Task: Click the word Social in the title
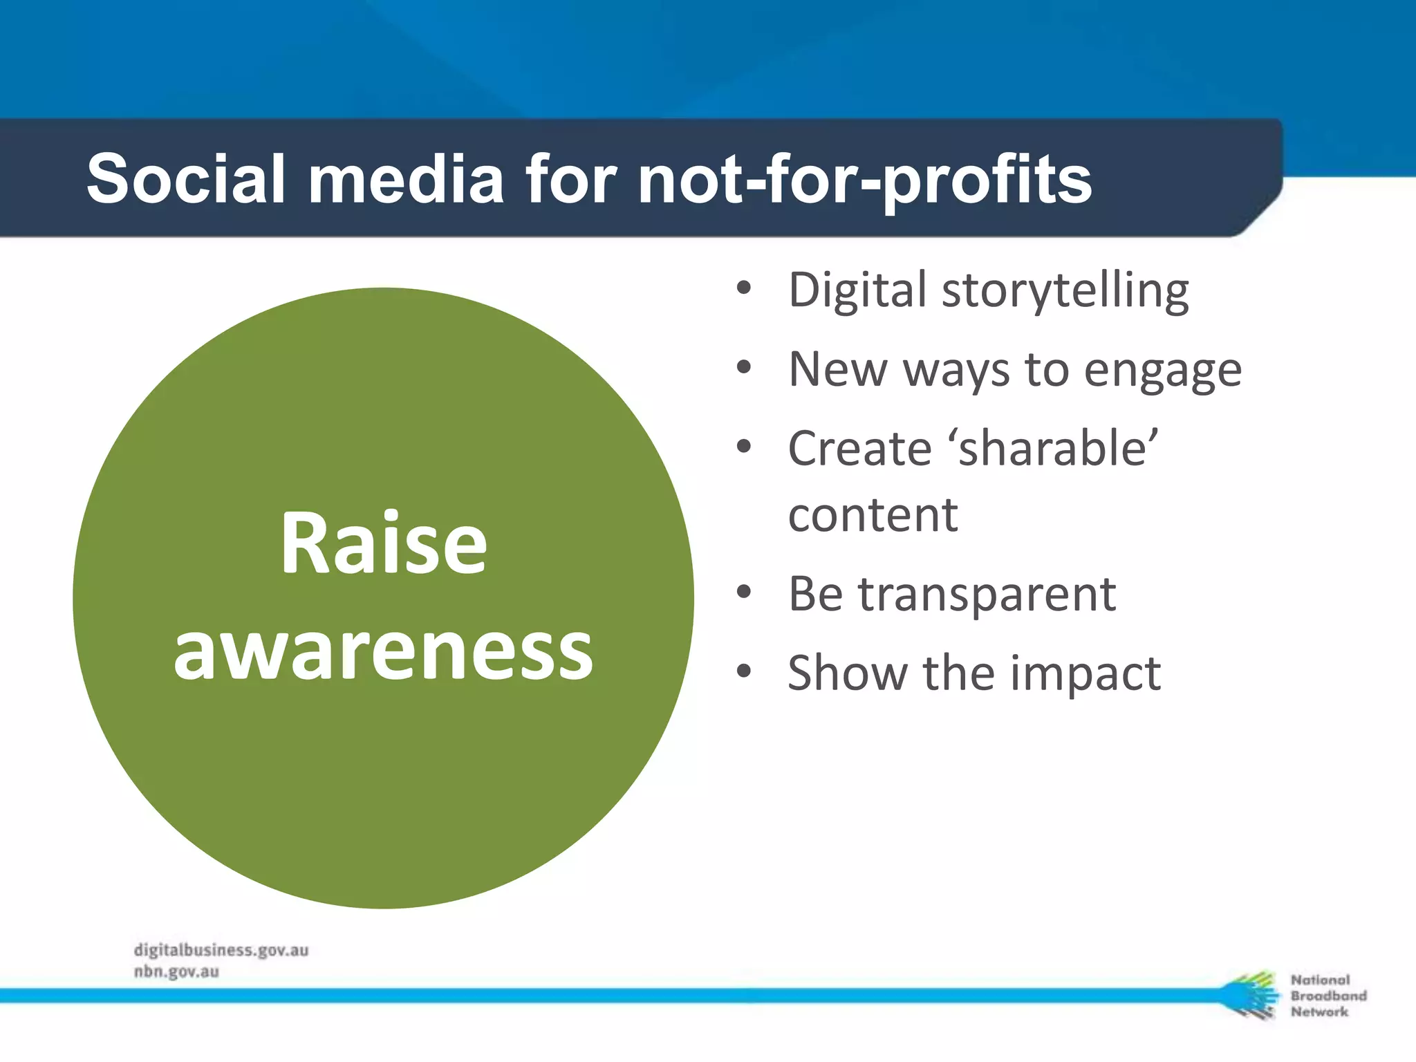(185, 179)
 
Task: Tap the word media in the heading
(406, 179)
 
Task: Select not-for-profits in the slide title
(864, 179)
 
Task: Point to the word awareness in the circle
(384, 651)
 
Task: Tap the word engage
(1162, 371)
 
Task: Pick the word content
(873, 515)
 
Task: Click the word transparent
(987, 594)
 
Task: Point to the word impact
(1086, 673)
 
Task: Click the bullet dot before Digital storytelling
(744, 288)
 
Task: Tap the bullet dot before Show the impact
(744, 671)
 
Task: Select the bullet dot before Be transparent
(744, 592)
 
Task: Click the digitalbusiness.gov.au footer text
(221, 950)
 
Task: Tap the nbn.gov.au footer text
(176, 971)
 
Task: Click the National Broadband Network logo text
(1327, 996)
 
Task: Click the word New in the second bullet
(837, 369)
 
